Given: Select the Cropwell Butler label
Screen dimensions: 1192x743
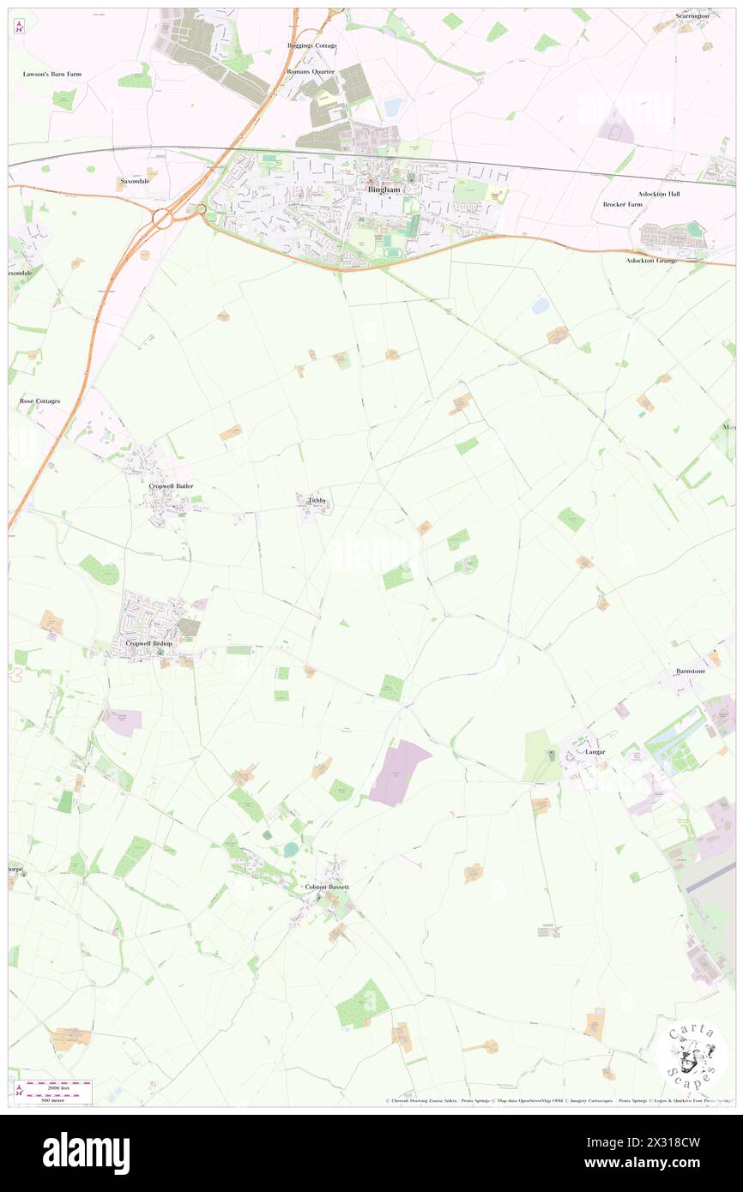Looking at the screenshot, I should coord(172,486).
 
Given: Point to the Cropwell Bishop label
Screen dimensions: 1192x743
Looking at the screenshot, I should coord(148,643).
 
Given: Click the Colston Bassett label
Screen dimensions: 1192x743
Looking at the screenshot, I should coord(327,887).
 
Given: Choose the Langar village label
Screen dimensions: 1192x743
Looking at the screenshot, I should coord(595,752).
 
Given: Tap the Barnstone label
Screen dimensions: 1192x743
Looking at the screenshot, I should coord(689,671).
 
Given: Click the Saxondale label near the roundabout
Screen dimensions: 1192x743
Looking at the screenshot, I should coord(135,182).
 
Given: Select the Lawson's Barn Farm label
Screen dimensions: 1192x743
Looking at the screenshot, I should coord(52,75).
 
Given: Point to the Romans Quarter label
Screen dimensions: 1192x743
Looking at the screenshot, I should coord(310,72).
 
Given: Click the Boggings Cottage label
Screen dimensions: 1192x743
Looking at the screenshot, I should coord(311,45).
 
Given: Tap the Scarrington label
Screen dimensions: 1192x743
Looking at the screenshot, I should coord(692,16).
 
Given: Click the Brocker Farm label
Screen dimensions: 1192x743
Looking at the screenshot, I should coord(623,205).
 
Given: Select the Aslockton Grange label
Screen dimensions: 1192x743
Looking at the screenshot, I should coord(650,260).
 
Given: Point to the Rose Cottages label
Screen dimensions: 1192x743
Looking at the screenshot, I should coord(39,400).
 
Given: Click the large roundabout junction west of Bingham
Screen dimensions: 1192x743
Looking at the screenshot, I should coord(162,219).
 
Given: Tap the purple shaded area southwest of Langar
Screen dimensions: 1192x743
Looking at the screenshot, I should coord(399,772).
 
